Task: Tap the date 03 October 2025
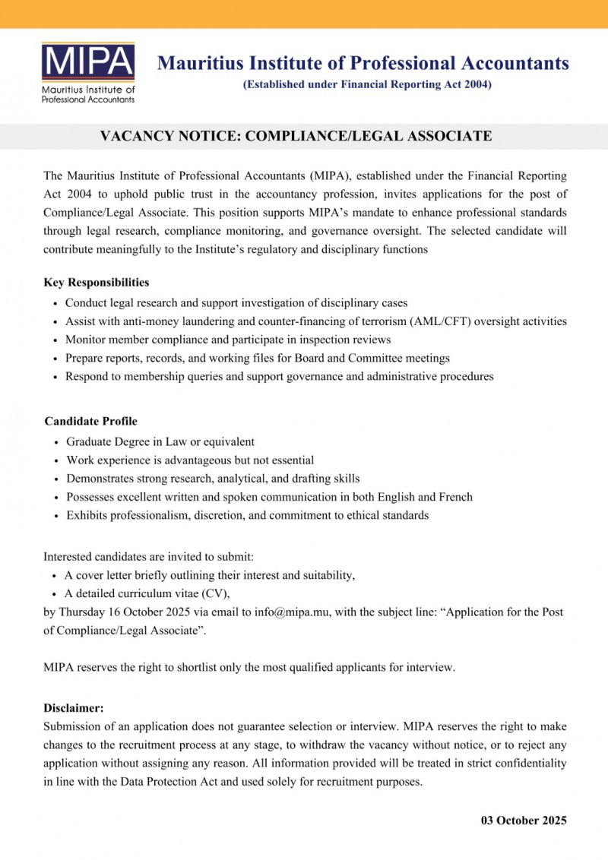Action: [524, 820]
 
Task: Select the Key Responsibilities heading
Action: [97, 283]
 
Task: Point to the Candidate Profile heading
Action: [90, 421]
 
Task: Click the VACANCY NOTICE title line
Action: [296, 137]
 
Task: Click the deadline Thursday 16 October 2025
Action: [123, 612]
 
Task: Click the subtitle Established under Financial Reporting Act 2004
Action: [367, 84]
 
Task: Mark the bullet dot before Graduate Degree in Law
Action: [58, 442]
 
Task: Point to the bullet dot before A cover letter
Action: [56, 576]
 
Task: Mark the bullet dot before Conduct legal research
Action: [57, 303]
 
